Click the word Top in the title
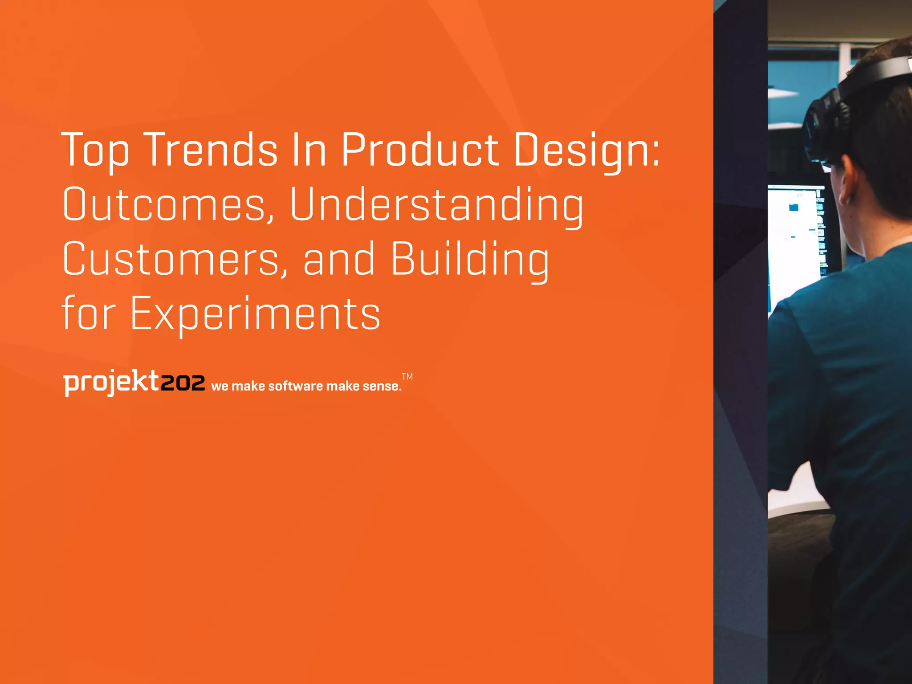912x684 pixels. [95, 150]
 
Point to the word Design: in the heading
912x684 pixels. [586, 150]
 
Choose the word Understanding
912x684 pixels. [436, 205]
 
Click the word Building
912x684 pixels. [470, 260]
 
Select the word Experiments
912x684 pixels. [255, 314]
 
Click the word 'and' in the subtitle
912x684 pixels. [339, 260]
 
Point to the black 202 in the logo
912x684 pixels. [183, 383]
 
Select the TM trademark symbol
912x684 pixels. [407, 376]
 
